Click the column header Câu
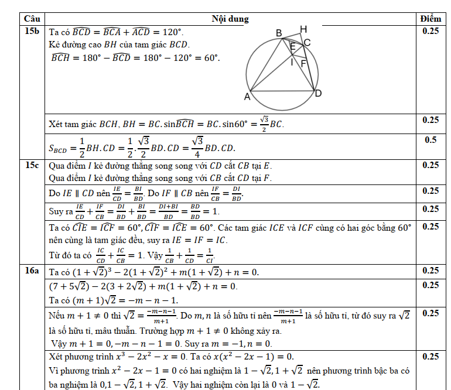(x=32, y=19)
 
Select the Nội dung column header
(x=230, y=19)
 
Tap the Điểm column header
(x=430, y=19)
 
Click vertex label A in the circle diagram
(x=247, y=96)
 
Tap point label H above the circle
(x=303, y=29)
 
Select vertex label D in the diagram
(x=318, y=93)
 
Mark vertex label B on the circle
(x=279, y=33)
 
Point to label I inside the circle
(x=292, y=61)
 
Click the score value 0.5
(x=430, y=140)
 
